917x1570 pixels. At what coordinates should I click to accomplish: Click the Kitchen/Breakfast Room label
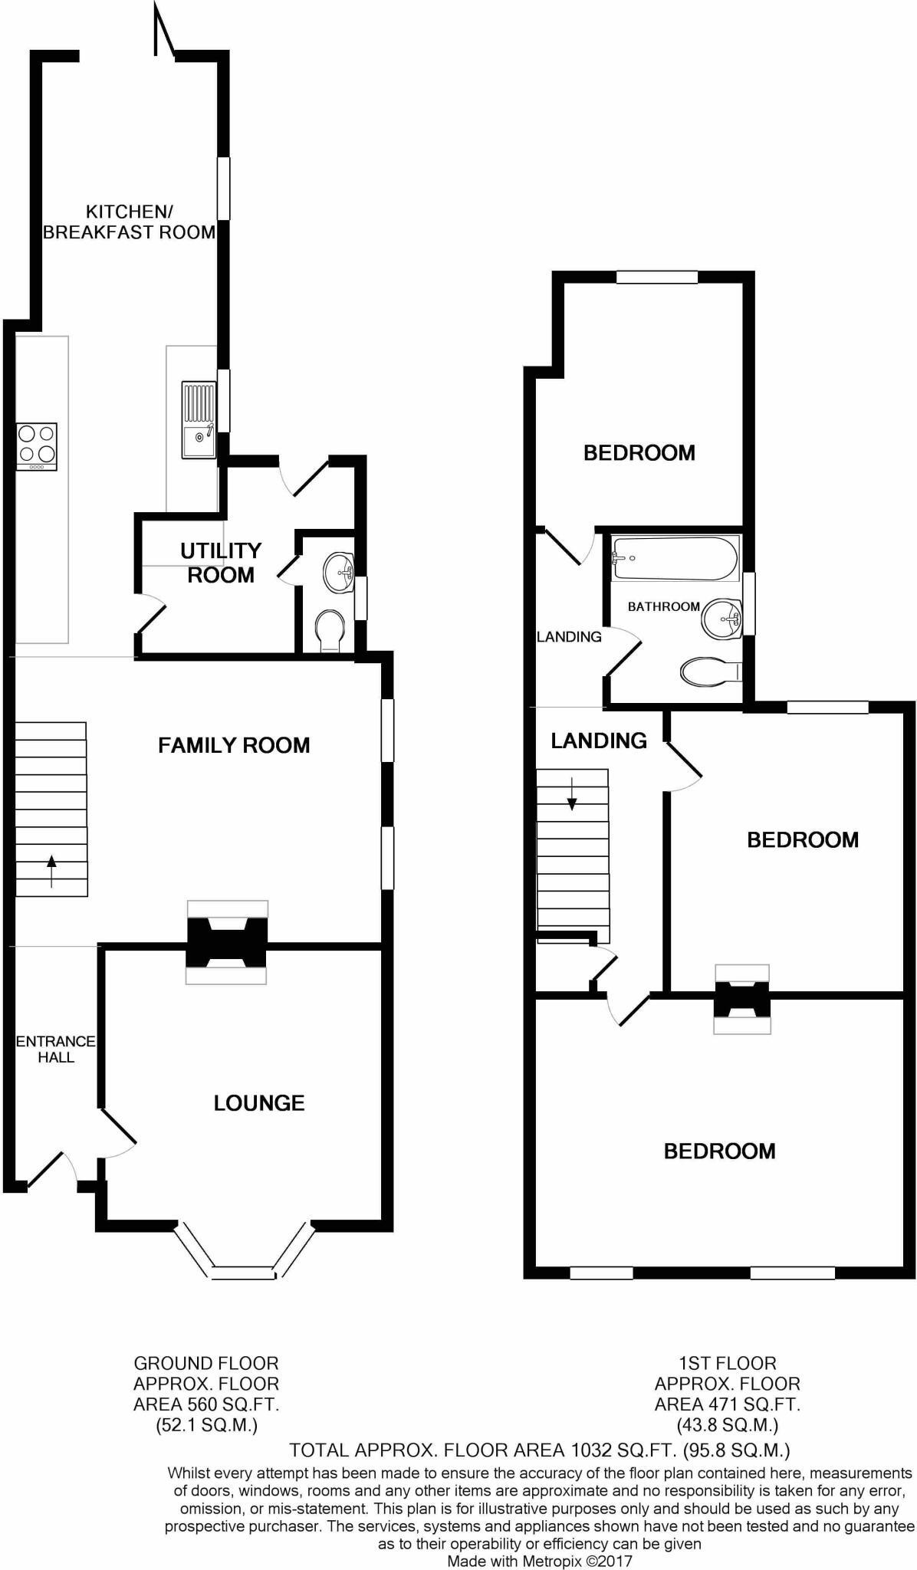(128, 222)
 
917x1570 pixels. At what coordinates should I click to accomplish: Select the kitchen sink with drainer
(199, 421)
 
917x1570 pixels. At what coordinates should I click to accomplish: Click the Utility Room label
(221, 563)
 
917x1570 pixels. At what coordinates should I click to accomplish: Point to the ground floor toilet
(330, 631)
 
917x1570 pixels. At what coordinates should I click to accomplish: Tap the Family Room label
(234, 745)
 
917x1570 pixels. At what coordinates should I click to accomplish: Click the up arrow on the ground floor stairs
(51, 870)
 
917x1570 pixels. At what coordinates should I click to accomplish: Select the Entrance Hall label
(56, 1049)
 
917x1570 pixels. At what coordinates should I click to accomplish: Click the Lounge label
(259, 1103)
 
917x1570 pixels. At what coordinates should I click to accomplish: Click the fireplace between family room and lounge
(227, 942)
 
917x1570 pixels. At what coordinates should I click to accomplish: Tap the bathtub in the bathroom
(674, 558)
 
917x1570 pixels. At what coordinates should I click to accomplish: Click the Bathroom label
(664, 606)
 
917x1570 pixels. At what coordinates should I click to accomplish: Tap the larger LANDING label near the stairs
(599, 741)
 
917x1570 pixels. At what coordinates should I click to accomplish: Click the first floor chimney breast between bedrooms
(741, 999)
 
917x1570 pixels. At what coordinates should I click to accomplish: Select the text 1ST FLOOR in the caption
(727, 1363)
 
